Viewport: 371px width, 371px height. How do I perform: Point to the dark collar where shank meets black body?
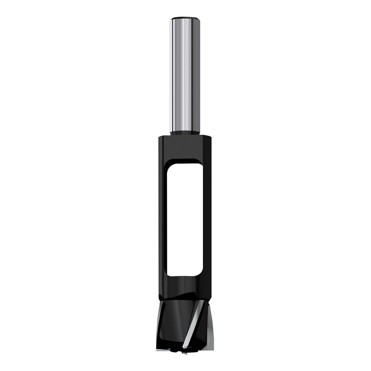coord(185,132)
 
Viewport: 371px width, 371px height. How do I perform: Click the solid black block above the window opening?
coord(185,148)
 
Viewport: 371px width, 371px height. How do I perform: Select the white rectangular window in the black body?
coord(185,219)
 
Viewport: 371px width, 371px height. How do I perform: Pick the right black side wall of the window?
coord(207,219)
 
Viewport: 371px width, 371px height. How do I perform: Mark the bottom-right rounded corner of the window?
coord(200,273)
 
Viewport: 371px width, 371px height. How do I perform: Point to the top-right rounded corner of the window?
coord(200,167)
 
